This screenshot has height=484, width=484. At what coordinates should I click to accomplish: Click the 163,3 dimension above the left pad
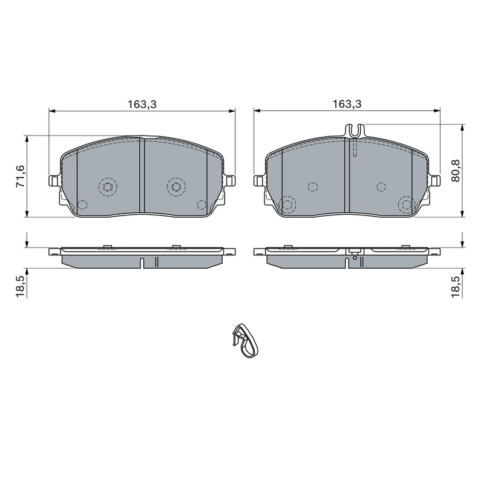[x=142, y=104]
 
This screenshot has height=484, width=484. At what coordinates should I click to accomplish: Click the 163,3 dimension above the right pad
[x=347, y=104]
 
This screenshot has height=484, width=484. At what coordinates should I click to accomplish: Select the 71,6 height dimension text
[x=21, y=176]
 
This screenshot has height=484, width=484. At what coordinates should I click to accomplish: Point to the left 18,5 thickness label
[x=21, y=286]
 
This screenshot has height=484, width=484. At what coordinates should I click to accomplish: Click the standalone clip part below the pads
[x=244, y=341]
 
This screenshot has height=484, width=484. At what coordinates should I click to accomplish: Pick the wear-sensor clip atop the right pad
[x=355, y=131]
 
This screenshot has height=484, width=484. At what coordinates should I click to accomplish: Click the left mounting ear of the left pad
[x=54, y=181]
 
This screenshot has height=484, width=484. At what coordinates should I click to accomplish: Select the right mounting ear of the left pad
[x=230, y=181]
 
